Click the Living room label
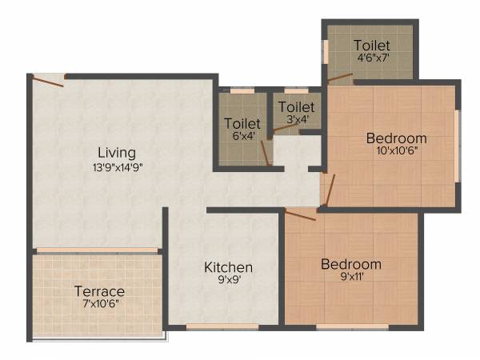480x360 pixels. tap(117, 152)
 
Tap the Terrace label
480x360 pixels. tap(99, 290)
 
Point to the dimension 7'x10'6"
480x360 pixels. tap(99, 305)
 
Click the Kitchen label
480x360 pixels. tap(228, 267)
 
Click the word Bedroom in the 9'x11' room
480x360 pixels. tap(351, 264)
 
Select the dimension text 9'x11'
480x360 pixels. tap(351, 278)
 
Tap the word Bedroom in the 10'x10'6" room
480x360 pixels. tap(396, 138)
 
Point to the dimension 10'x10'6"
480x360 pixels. tap(396, 150)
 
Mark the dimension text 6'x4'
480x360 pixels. tap(242, 137)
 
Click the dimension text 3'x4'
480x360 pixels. tap(297, 120)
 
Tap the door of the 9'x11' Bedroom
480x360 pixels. tap(301, 214)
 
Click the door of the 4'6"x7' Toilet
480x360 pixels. tap(340, 78)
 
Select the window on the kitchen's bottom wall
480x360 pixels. tap(211, 326)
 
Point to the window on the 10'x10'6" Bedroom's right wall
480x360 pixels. tap(458, 145)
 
